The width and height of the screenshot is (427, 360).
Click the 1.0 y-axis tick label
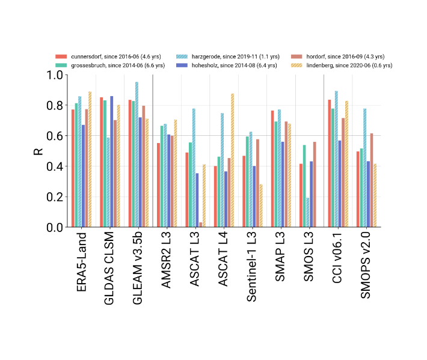click(55, 75)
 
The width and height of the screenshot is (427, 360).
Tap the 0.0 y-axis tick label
click(55, 228)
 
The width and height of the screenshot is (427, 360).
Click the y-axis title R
click(38, 151)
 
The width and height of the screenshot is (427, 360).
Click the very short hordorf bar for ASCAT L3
click(201, 225)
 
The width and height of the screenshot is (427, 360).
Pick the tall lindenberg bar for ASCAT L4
click(232, 160)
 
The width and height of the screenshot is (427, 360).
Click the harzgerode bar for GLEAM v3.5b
click(137, 154)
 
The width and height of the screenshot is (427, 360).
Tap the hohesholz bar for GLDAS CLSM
click(111, 162)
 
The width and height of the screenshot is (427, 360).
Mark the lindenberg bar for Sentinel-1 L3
click(261, 206)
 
